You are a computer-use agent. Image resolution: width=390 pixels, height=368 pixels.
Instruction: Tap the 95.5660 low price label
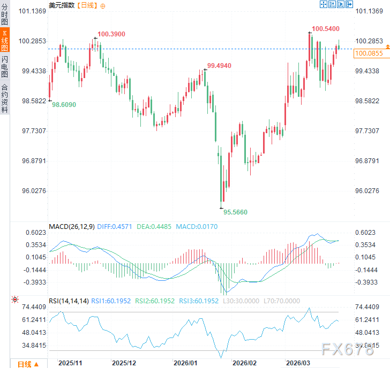(x=235, y=212)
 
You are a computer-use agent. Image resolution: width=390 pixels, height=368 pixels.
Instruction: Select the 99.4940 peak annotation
(x=219, y=66)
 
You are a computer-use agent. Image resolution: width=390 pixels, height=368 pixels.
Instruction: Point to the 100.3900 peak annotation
(x=111, y=34)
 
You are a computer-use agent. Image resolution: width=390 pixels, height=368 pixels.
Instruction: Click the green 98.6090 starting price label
(x=64, y=105)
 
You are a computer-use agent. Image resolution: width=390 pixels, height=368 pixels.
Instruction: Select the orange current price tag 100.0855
(x=369, y=53)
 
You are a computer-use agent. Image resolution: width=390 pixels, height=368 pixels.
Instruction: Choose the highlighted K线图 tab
(x=5, y=40)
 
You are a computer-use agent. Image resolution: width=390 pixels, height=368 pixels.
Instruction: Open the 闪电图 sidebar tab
(x=5, y=67)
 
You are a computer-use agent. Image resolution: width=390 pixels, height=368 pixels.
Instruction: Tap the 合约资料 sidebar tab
(x=5, y=98)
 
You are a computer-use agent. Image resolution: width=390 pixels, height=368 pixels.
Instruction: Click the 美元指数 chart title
(x=62, y=5)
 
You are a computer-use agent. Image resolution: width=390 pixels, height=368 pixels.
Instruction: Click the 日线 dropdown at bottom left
(x=28, y=364)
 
